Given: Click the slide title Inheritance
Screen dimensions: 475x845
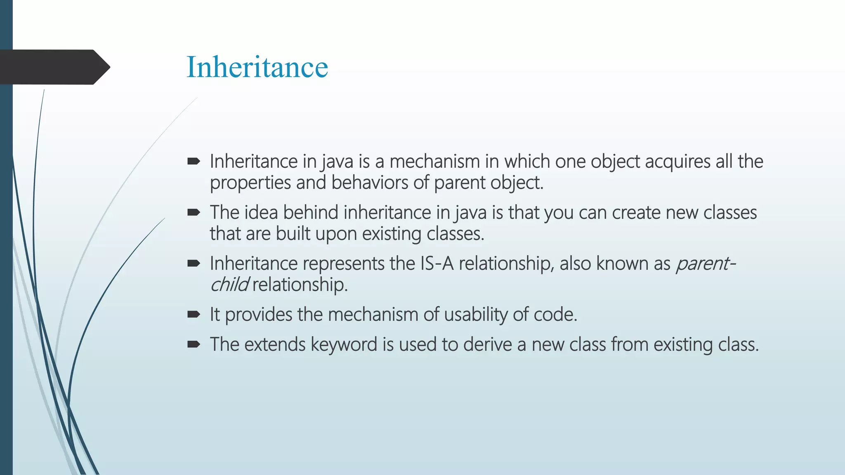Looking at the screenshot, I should click(x=257, y=67).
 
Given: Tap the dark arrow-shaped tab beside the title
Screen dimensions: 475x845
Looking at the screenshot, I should click(x=54, y=67).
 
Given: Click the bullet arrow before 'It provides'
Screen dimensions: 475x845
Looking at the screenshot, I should click(x=194, y=315).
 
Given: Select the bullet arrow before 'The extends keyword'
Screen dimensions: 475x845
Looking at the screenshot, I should click(x=194, y=344).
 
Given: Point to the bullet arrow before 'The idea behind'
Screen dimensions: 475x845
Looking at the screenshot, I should click(x=194, y=212).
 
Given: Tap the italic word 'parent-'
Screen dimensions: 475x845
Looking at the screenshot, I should click(x=706, y=263).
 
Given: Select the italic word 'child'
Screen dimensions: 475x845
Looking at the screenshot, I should click(x=229, y=285).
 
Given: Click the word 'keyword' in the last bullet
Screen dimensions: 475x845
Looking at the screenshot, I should click(x=344, y=345).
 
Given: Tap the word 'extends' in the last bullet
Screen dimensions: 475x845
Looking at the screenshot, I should click(x=275, y=344).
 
